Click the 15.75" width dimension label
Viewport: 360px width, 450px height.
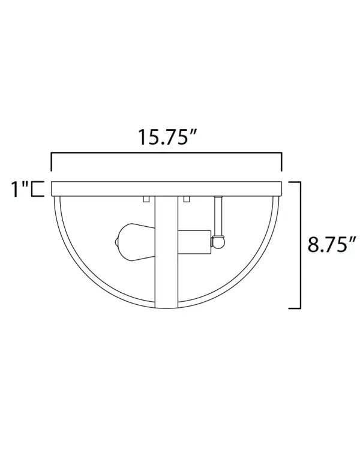click(x=166, y=137)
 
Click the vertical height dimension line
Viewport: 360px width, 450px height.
click(x=299, y=245)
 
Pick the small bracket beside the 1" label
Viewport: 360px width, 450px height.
click(x=37, y=188)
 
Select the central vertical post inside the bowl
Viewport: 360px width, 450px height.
click(x=166, y=252)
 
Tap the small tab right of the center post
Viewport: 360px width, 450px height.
click(x=187, y=199)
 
